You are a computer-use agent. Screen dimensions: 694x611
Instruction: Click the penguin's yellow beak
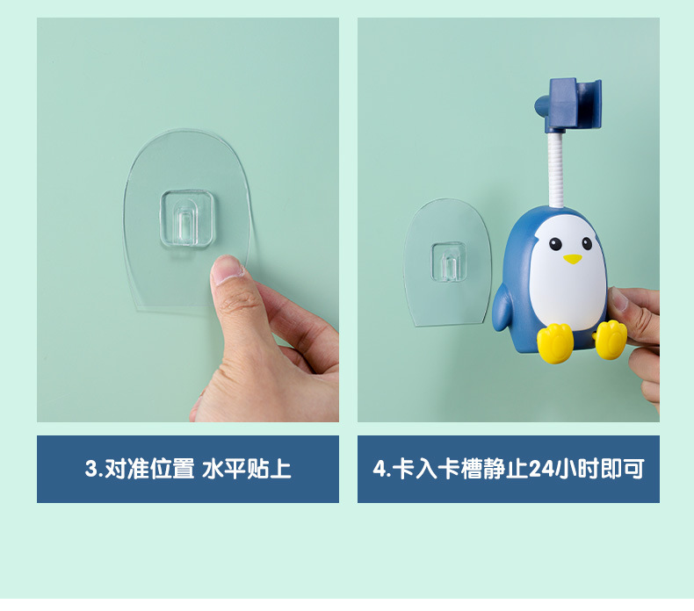[x=572, y=259]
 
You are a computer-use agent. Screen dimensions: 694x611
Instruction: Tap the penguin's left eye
[x=555, y=244]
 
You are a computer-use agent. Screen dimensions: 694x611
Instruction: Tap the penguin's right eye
[x=587, y=243]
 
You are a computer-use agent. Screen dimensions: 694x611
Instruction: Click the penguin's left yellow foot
[x=555, y=343]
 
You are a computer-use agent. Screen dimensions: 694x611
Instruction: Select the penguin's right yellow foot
[x=611, y=340]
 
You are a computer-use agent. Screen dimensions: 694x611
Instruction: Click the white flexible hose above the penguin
[x=556, y=170]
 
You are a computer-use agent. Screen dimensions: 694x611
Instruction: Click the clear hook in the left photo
[x=188, y=218]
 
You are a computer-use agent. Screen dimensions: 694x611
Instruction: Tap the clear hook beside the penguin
[x=448, y=262]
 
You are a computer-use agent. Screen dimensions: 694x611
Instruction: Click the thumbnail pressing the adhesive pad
[x=227, y=267]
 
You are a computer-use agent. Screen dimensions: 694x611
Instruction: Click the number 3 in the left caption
[x=91, y=469]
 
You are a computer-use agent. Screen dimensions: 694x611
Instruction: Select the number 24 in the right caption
[x=541, y=469]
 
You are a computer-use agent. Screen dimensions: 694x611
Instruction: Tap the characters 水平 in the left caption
[x=224, y=469]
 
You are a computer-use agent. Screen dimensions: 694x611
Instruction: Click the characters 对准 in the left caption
[x=127, y=469]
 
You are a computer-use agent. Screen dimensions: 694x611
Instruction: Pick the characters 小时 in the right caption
[x=576, y=469]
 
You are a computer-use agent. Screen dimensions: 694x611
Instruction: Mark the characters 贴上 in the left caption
[x=269, y=469]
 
